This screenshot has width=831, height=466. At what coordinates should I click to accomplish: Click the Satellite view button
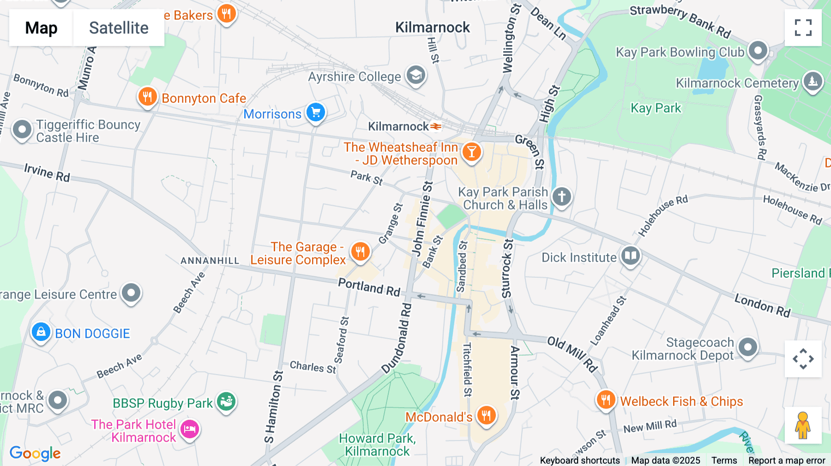point(119,28)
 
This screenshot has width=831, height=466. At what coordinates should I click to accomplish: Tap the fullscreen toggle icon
point(803,28)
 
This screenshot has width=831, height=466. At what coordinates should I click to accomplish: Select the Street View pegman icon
point(803,425)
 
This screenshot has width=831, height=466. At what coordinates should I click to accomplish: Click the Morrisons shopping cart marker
point(316,112)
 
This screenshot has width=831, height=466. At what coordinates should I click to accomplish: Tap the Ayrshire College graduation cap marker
point(415,75)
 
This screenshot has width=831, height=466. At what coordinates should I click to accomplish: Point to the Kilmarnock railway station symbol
point(436,126)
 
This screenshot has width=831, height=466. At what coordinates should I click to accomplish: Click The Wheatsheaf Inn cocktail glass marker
point(471,151)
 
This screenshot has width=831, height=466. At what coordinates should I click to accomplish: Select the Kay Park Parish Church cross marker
point(561,197)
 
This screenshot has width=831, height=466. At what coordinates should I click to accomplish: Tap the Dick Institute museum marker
point(630,256)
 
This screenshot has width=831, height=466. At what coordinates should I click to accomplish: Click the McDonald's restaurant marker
point(486,415)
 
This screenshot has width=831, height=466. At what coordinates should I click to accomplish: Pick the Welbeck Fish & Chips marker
point(606,400)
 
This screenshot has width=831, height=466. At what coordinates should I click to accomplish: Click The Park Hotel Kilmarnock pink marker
point(190,430)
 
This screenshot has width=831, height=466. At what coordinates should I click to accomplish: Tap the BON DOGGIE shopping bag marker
point(41,332)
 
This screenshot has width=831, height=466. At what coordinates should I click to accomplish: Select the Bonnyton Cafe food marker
point(147,97)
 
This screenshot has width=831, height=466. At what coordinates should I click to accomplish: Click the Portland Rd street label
point(369,287)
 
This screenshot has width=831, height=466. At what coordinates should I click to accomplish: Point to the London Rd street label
point(762,305)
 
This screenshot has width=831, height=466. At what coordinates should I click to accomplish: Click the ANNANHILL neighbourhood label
point(210,261)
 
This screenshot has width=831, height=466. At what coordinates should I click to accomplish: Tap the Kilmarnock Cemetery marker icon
point(813,82)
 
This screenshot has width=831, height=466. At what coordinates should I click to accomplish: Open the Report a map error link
point(787,460)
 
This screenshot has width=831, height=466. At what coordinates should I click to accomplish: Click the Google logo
point(35,454)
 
